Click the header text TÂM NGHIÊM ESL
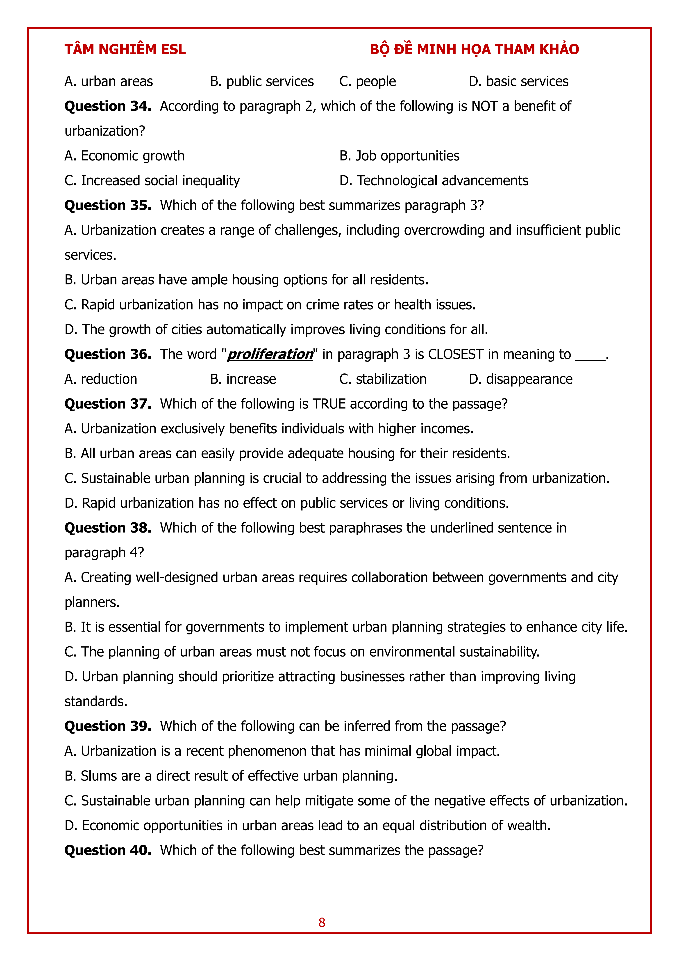tap(125, 49)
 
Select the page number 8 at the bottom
tap(322, 922)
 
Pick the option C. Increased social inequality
tap(152, 180)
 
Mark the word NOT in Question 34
tap(484, 106)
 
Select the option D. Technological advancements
tap(434, 180)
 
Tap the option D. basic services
tap(518, 81)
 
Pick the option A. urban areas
tap(109, 81)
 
